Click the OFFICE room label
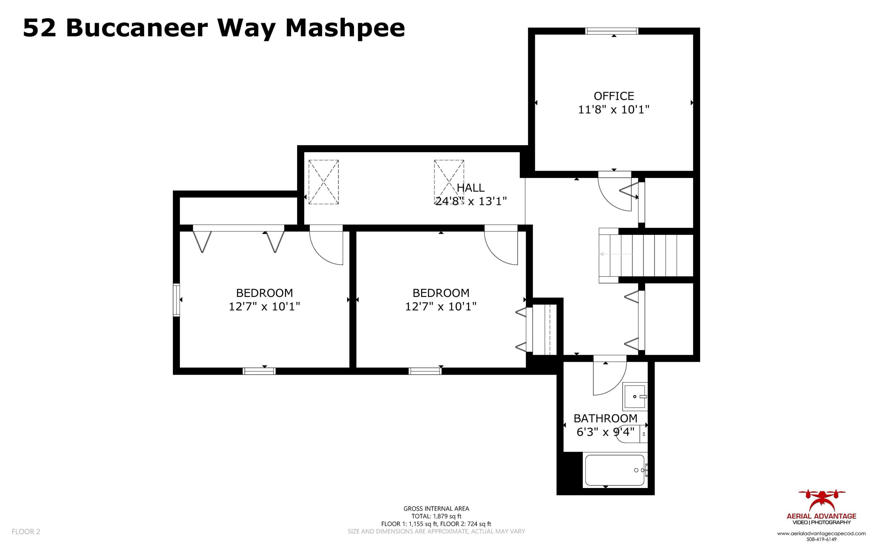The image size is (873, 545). pos(613,96)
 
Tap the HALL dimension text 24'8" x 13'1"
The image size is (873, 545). pos(471,201)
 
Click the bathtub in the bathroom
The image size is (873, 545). pos(615,470)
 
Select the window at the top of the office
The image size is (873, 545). pos(612,31)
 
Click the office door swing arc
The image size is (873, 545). pos(613,195)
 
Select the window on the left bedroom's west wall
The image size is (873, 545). pos(176,300)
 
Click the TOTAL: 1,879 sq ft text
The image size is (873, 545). pos(436,516)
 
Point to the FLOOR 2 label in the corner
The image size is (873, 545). pos(26,531)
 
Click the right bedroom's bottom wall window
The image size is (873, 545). pos(425,371)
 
